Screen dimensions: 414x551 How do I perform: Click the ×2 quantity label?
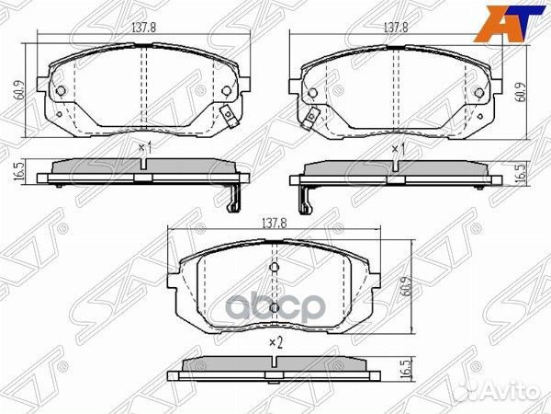(273, 343)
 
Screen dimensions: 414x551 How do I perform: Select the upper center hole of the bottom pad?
(273, 268)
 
